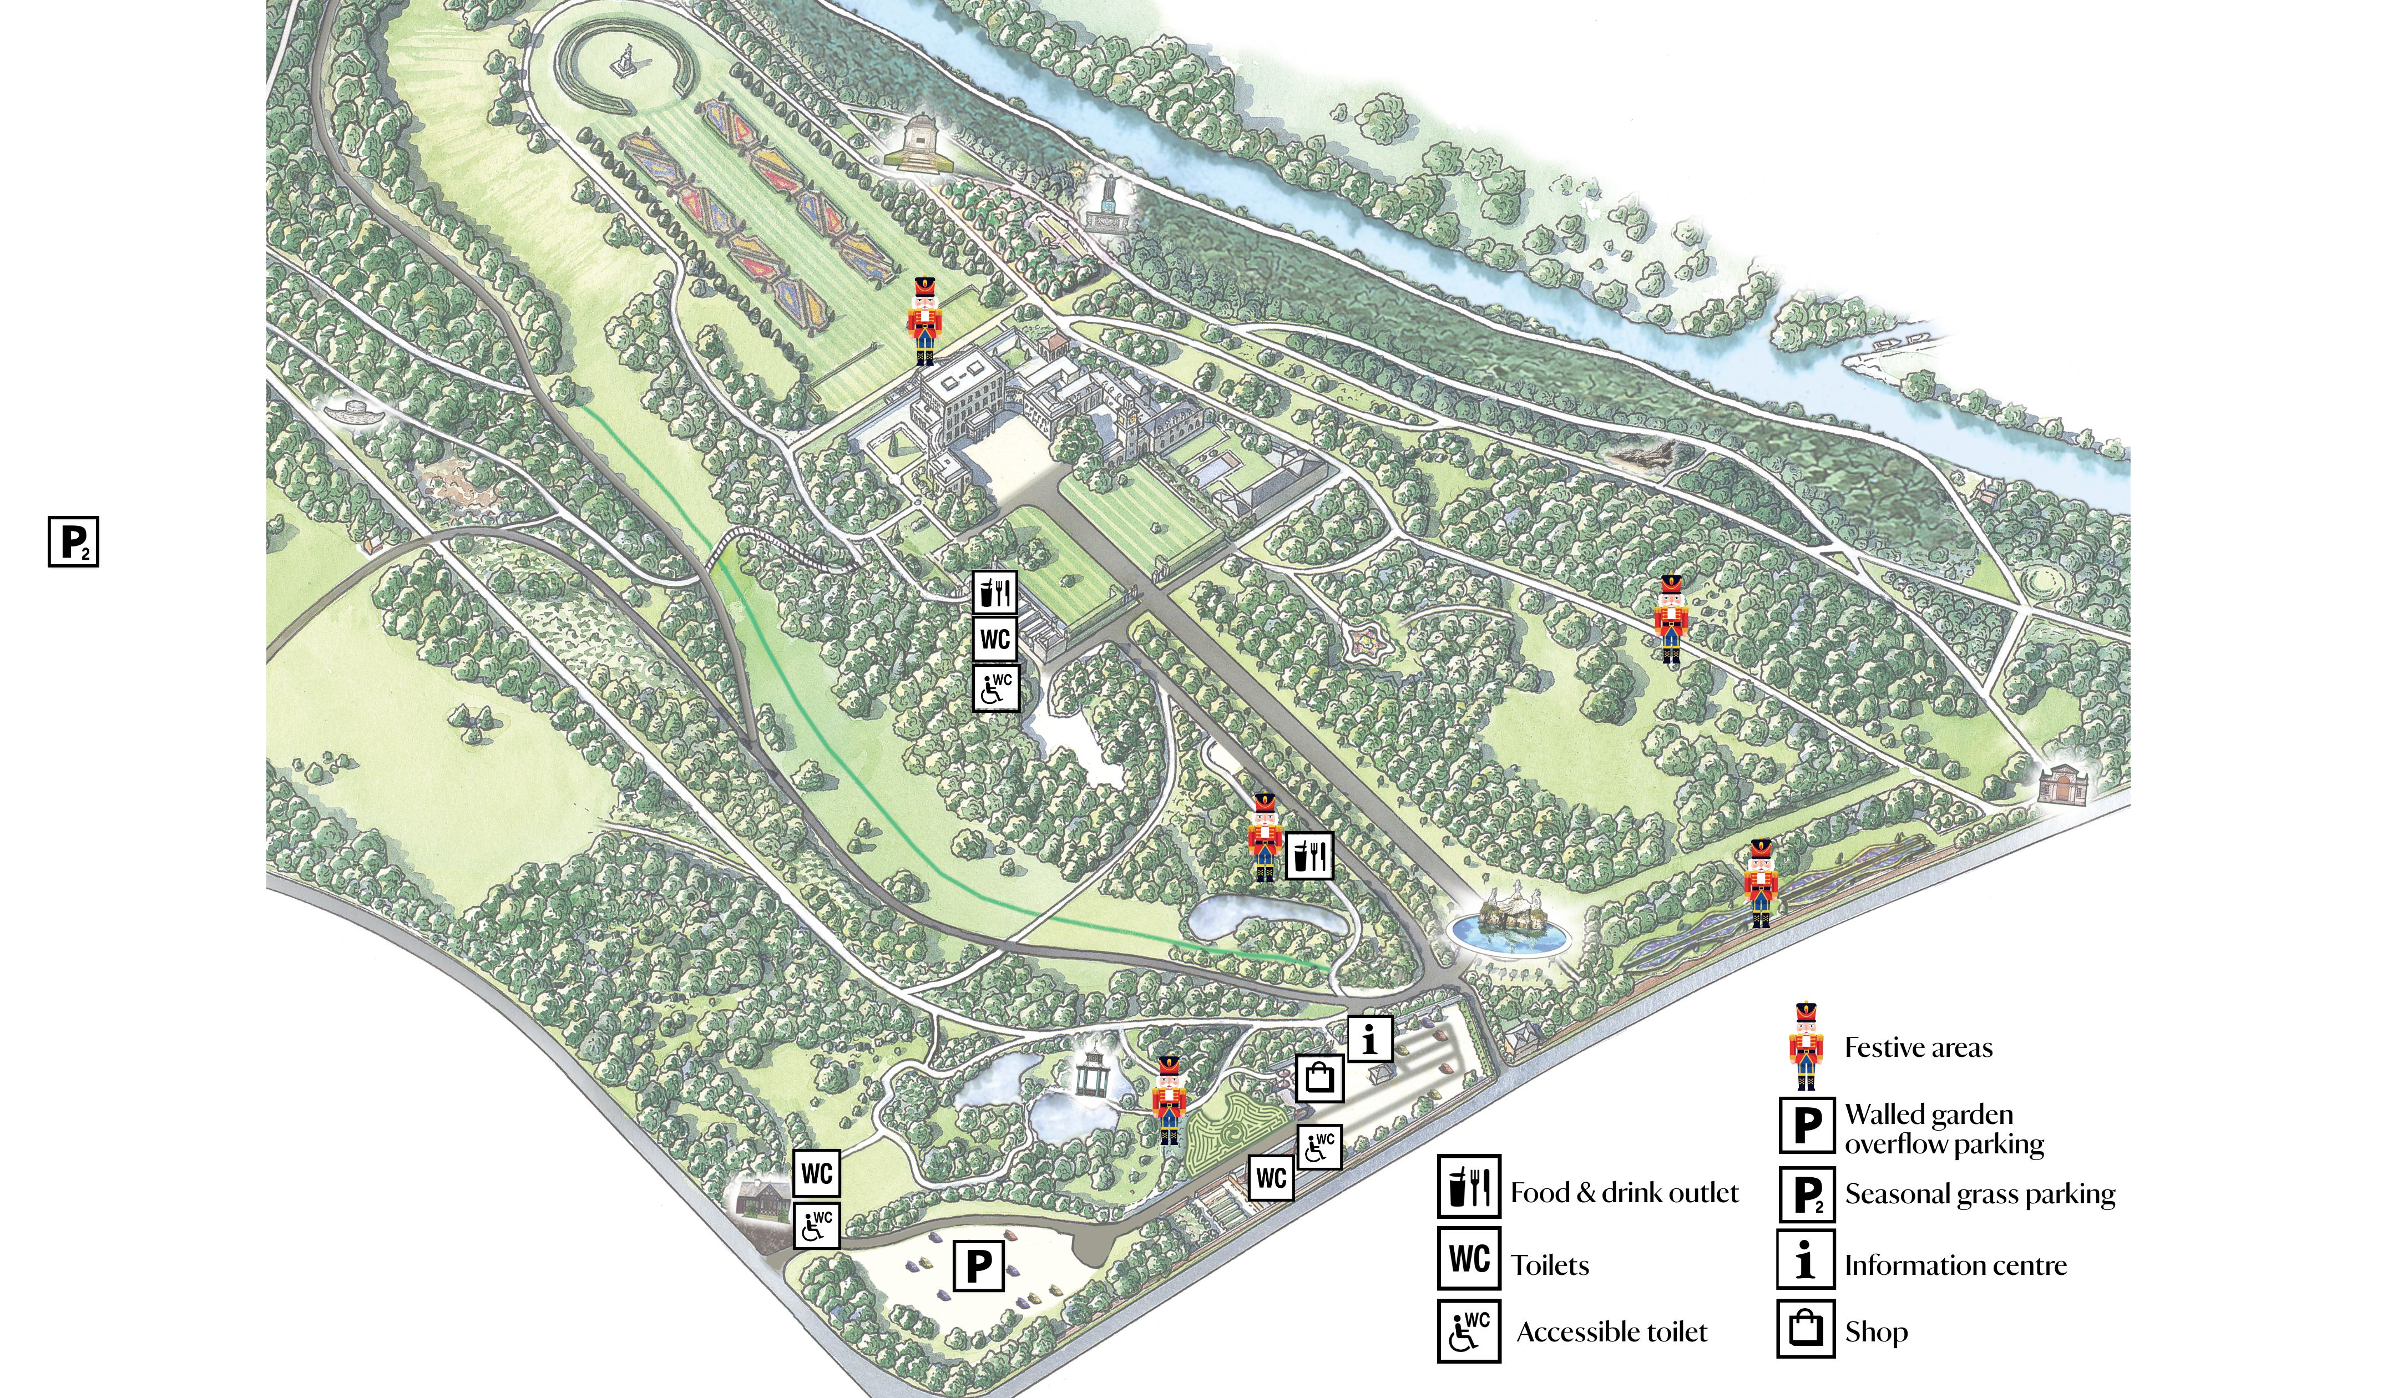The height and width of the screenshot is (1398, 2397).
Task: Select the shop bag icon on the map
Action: pyautogui.click(x=1319, y=1077)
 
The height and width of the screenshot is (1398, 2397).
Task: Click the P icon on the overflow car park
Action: pyautogui.click(x=979, y=1266)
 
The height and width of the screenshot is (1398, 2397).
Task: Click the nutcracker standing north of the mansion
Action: pyautogui.click(x=924, y=321)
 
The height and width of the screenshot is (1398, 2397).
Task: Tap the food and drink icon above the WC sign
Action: pyautogui.click(x=995, y=592)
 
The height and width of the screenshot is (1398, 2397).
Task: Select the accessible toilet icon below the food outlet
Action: pyautogui.click(x=995, y=687)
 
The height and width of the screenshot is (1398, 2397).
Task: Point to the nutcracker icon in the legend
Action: pyautogui.click(x=1806, y=1047)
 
